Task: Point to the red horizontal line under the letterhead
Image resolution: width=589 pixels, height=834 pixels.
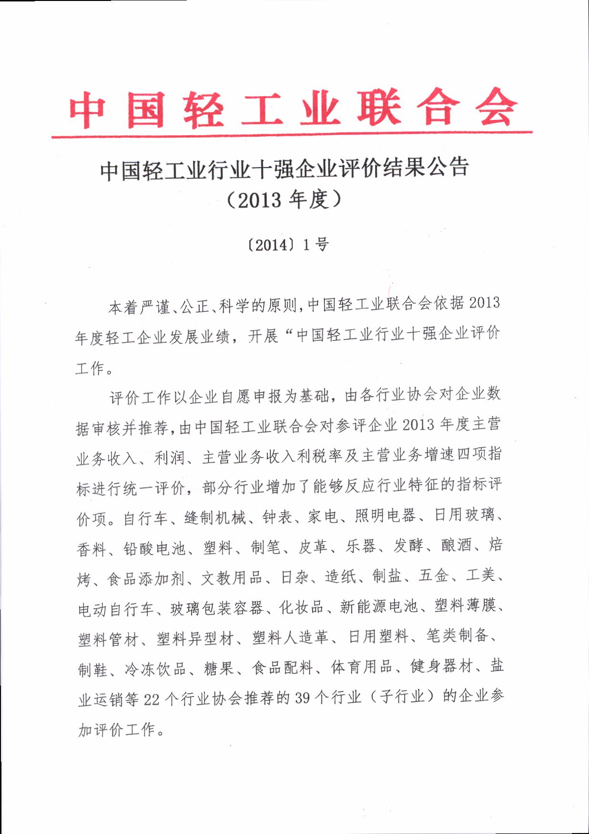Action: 292,135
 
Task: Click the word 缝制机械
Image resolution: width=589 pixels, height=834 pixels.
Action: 215,517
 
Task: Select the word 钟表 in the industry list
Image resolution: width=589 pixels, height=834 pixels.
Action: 277,517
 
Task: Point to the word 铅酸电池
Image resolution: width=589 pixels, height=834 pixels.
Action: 154,548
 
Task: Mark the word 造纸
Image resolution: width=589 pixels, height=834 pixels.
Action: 340,577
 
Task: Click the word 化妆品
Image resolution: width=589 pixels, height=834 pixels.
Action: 301,608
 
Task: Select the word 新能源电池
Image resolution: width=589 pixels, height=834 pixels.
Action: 379,606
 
